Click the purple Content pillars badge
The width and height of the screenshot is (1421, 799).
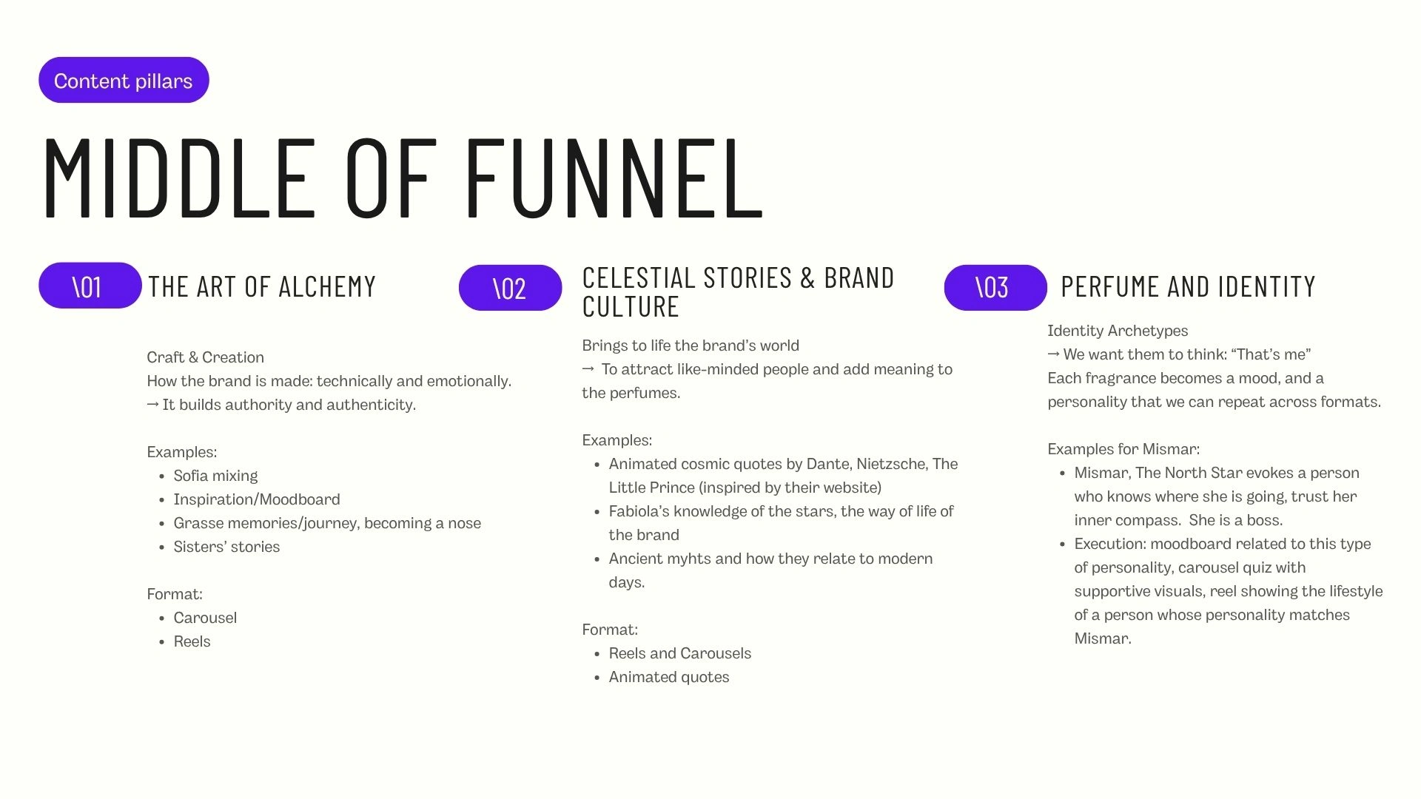coord(124,80)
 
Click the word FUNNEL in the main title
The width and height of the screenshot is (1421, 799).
coord(614,178)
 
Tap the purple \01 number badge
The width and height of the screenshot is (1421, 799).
coord(90,286)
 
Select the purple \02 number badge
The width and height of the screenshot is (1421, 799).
coord(510,288)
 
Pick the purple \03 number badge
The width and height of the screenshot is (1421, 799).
coord(995,288)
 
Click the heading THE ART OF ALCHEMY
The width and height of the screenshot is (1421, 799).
coord(262,287)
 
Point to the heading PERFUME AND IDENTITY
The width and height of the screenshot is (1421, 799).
coord(1188,286)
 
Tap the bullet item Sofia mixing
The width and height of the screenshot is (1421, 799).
coord(215,476)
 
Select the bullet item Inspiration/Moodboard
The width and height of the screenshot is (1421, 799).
coord(257,499)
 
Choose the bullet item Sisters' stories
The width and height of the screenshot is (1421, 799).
coord(226,547)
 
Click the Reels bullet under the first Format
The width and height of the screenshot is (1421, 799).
coord(192,641)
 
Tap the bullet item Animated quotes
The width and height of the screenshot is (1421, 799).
coord(669,677)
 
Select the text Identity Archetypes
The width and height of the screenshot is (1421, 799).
coord(1118,331)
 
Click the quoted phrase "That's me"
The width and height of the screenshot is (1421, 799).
coord(1271,354)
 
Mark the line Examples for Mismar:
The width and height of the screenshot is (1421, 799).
coord(1123,449)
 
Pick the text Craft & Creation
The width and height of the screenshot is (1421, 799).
coord(205,357)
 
